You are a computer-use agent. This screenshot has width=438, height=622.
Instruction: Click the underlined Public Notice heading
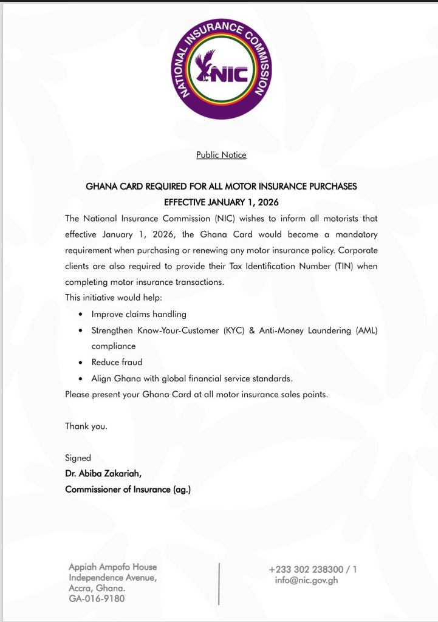point(221,155)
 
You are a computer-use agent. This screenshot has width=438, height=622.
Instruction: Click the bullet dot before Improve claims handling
point(81,315)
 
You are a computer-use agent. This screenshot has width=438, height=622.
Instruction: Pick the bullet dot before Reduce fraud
point(81,363)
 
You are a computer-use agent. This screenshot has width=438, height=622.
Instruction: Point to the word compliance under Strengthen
point(114,346)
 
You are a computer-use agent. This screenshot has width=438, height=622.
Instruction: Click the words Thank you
point(86,426)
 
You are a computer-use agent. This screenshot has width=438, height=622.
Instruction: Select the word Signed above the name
point(78,457)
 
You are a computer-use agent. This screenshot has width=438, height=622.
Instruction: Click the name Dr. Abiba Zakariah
point(104,473)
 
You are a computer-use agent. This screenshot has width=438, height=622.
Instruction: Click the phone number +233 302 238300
point(306,569)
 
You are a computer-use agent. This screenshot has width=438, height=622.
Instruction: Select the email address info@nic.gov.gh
point(306,580)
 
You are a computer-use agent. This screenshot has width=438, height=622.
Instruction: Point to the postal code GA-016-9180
point(97,599)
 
